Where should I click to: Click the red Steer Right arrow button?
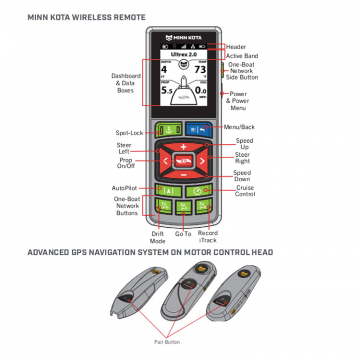click(x=201, y=161)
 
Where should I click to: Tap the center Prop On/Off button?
click(x=184, y=161)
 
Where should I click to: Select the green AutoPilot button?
click(x=167, y=191)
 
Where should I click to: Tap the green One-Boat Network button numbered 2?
click(x=184, y=207)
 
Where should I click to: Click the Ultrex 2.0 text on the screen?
click(x=184, y=52)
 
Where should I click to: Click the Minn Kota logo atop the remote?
click(x=184, y=36)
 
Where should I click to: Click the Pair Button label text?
click(x=167, y=342)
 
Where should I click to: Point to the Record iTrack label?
click(x=208, y=237)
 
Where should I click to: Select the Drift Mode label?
click(x=158, y=237)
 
